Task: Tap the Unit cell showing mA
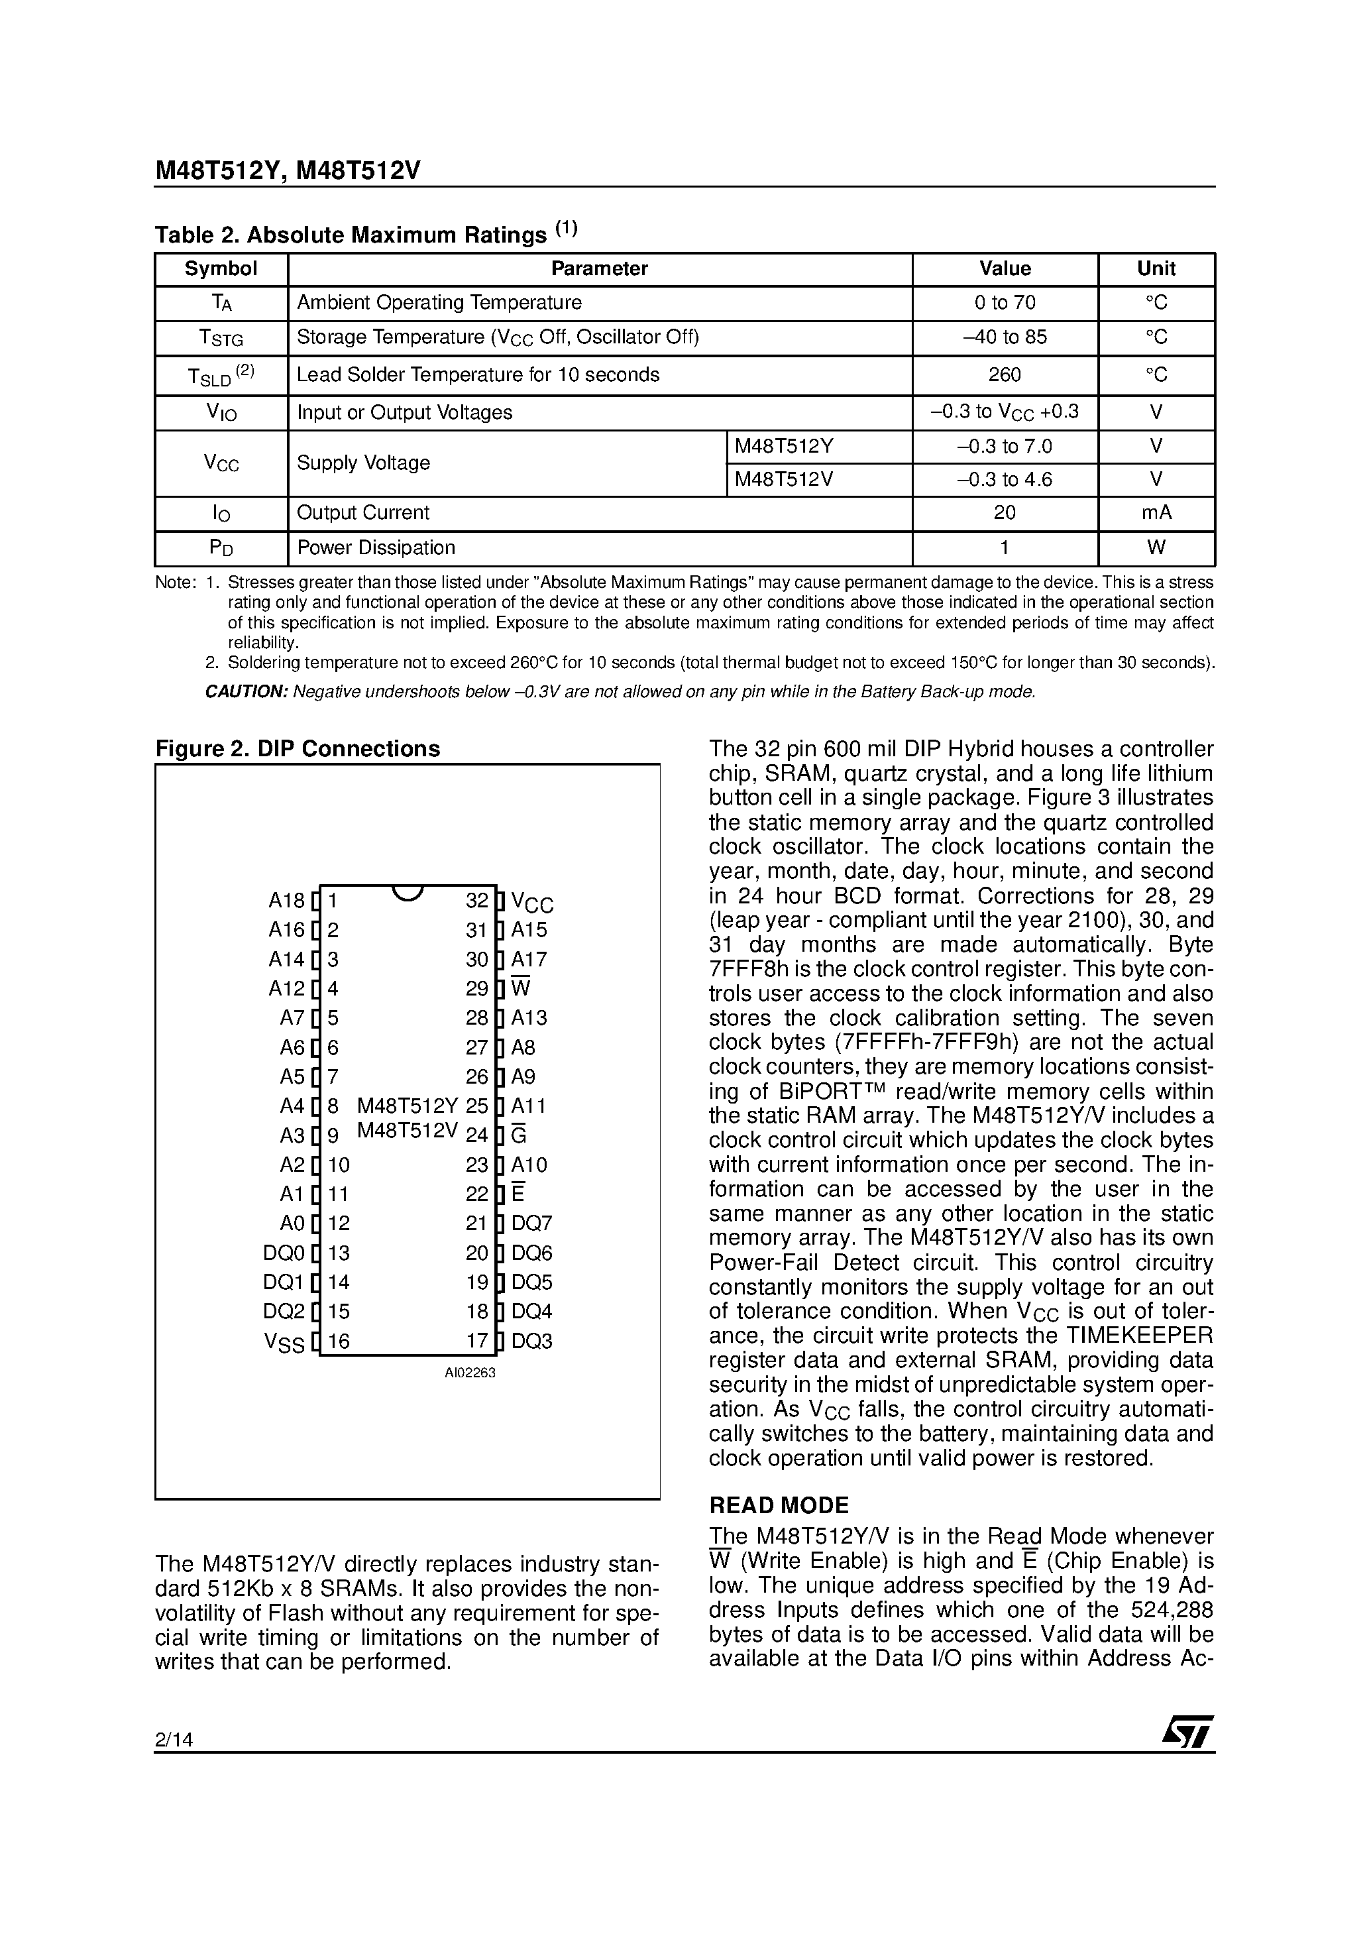1156,513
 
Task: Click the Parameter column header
598,269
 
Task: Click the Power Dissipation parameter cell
376,548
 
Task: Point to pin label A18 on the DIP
286,901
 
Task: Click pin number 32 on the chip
477,901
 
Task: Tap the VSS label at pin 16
284,1342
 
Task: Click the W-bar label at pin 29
521,988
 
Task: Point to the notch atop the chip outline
408,892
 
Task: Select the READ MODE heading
778,1506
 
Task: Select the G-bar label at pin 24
519,1136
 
